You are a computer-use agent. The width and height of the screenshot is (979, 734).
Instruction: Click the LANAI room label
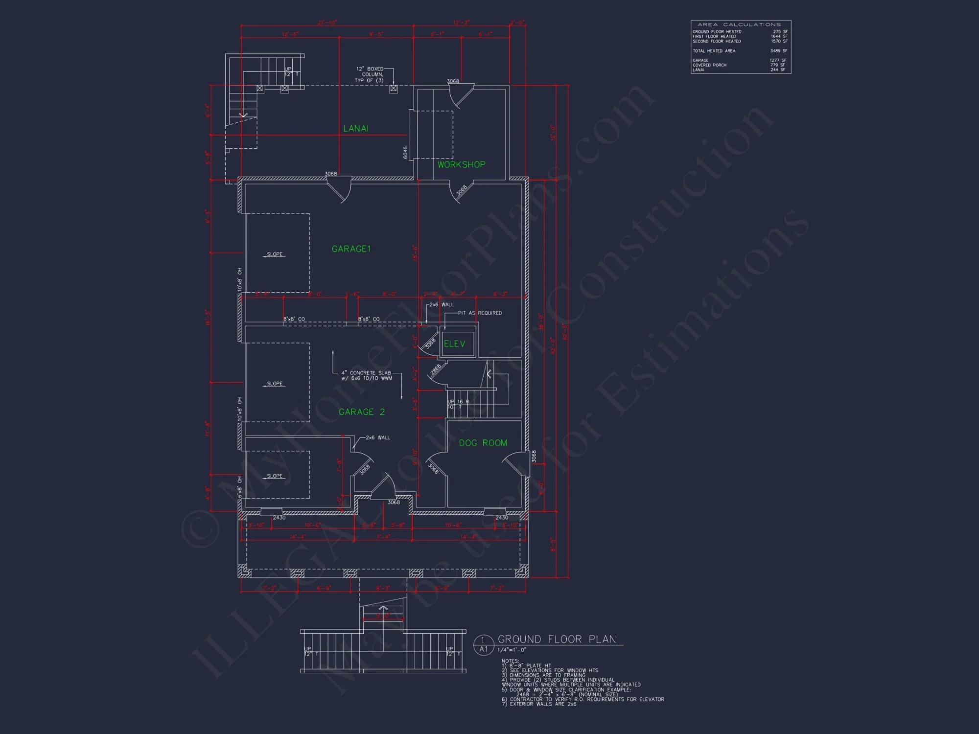(x=356, y=129)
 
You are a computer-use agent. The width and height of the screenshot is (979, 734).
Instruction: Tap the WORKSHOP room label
(x=461, y=165)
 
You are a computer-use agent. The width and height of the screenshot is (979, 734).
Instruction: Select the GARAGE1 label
(x=351, y=249)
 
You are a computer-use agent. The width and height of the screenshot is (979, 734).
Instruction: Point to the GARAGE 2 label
(x=361, y=412)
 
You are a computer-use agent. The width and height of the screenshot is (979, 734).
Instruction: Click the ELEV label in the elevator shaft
(x=454, y=344)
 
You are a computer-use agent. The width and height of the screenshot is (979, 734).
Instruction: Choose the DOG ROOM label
(x=483, y=443)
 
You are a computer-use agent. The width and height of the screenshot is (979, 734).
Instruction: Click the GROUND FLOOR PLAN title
(x=557, y=640)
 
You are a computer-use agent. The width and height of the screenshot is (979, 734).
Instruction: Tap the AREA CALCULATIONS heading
(x=739, y=24)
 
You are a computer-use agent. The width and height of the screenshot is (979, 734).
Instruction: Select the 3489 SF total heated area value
(x=778, y=51)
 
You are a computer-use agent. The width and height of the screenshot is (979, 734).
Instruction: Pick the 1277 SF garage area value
(x=778, y=60)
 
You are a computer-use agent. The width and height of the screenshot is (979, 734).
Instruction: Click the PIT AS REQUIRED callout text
(x=480, y=313)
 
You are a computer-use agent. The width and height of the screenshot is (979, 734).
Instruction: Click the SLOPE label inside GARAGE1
(x=275, y=254)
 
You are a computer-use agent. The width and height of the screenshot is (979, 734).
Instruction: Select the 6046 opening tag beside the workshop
(x=405, y=153)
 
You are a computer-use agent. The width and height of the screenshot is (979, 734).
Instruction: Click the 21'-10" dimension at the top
(x=327, y=23)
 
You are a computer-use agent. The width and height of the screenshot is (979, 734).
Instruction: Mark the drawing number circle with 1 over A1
(x=483, y=645)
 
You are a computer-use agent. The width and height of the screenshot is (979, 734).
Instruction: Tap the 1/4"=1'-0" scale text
(x=512, y=650)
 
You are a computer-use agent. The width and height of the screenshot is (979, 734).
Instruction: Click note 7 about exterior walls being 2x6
(x=539, y=704)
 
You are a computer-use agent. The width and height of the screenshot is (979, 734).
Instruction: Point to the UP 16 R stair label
(x=458, y=402)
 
